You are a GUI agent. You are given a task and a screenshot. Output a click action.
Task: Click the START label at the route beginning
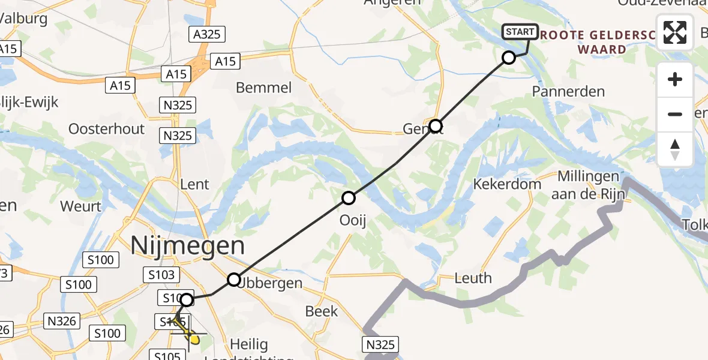(520, 32)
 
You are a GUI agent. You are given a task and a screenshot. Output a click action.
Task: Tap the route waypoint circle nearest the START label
(509, 58)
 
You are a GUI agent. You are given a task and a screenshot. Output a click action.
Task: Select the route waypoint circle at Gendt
(436, 126)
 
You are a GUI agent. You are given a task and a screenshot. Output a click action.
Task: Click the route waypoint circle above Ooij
(349, 198)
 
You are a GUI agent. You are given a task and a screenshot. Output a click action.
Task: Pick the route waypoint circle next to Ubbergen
(234, 280)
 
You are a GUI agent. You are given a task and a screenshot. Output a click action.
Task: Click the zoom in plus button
(675, 80)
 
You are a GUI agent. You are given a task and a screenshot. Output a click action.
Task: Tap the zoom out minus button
(675, 114)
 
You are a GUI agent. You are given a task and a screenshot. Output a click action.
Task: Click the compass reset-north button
(675, 149)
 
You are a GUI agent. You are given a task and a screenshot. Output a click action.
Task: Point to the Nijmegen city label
(188, 246)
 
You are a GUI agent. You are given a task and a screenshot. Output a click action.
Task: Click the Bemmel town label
(264, 88)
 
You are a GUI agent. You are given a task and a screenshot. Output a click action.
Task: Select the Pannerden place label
(568, 92)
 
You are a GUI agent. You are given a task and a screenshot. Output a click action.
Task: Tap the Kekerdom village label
(507, 184)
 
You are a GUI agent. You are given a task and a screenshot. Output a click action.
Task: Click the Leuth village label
(473, 278)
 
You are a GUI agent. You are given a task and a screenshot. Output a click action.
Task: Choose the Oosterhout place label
(107, 129)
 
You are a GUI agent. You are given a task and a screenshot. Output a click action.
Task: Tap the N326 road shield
(62, 322)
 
